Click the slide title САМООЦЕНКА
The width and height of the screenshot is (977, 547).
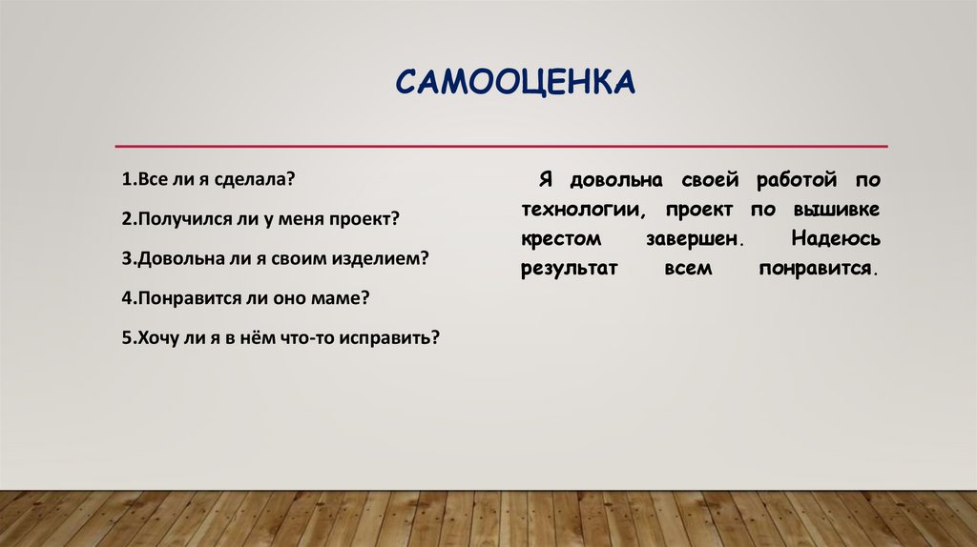coord(514,82)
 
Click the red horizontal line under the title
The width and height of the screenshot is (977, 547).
coord(501,146)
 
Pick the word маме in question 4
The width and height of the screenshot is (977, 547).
coord(341,297)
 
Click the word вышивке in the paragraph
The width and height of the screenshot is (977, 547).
coord(842,209)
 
